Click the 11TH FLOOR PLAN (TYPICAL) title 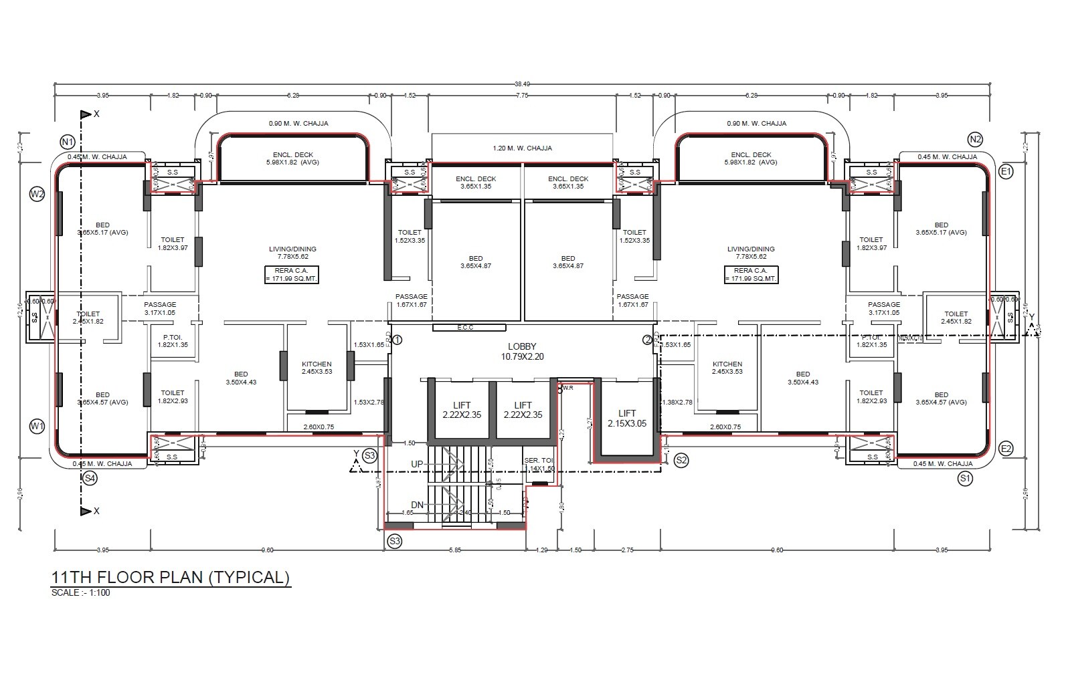171,577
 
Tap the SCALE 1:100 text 80,592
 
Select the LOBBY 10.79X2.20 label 522,352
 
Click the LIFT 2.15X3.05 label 627,419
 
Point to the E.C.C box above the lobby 468,328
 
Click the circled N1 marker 67,142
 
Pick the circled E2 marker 1005,449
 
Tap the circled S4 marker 90,478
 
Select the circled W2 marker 37,195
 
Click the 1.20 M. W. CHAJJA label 522,148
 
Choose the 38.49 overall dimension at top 522,84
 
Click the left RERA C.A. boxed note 291,274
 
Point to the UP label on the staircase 417,464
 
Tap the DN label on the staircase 417,505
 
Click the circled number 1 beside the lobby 397,340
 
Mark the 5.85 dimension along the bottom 455,550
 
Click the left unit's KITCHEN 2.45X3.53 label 317,368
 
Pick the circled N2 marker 975,140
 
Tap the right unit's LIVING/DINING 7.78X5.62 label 751,252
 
